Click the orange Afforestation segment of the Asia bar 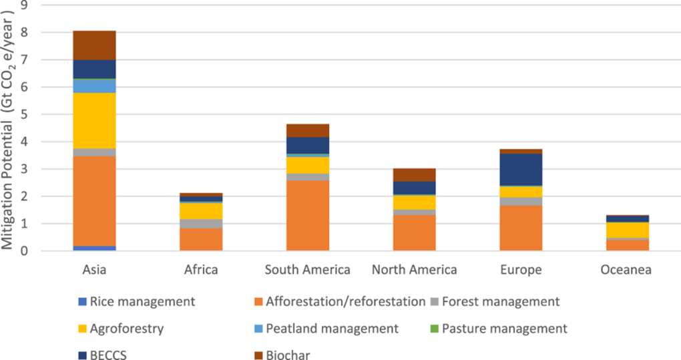(94, 200)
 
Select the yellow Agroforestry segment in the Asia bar (94, 120)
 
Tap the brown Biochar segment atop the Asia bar (94, 45)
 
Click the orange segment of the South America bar (308, 215)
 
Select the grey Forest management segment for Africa (201, 224)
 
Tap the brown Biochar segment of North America (415, 174)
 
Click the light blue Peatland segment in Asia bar (94, 86)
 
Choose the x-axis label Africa (201, 270)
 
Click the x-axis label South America (308, 270)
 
